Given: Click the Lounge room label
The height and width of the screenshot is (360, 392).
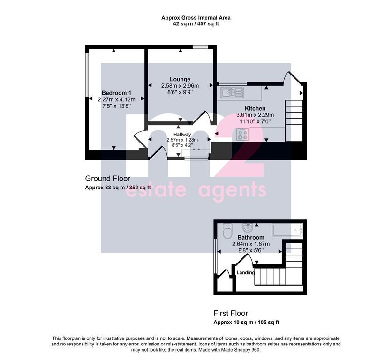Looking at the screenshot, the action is [180, 79].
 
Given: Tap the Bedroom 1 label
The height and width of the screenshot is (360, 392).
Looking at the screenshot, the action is [116, 93].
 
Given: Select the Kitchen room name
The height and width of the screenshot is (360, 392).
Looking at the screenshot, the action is [255, 108].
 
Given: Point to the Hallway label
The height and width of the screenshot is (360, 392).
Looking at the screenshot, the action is [182, 134].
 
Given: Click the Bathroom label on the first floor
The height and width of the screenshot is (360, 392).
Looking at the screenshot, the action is [251, 237].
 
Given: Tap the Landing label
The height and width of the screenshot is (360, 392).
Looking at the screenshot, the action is [246, 272].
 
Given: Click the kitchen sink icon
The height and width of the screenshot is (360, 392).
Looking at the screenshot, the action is [232, 92].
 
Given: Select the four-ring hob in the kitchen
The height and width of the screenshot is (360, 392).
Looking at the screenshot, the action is [242, 134].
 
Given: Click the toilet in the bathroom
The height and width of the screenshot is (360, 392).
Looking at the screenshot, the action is [227, 231].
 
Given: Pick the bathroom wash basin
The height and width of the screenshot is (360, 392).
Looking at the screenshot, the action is [248, 227].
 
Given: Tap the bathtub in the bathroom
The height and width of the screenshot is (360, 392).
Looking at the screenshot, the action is [287, 230].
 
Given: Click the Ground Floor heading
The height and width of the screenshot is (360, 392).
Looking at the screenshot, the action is [107, 179].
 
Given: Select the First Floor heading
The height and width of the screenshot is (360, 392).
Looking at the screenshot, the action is [231, 313].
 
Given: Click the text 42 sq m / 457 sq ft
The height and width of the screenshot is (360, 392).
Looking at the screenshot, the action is [196, 24].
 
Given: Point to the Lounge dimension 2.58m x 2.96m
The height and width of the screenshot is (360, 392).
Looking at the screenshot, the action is [180, 86].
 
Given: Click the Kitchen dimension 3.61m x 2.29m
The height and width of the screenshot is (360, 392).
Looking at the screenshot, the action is [255, 115].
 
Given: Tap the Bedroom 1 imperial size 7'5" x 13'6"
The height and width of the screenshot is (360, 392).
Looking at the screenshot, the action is [116, 106].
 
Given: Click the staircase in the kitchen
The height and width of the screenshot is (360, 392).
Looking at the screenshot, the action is [294, 121].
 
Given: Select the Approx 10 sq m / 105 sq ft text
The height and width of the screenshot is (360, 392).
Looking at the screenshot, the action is [246, 322].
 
